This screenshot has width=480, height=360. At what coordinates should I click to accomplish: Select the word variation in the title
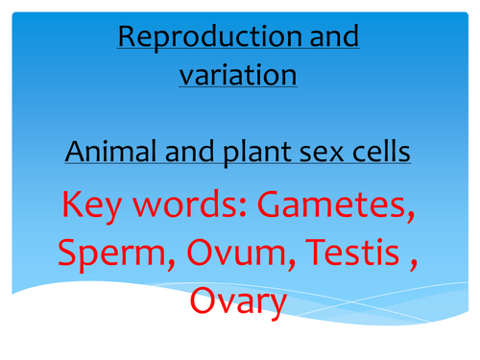click(x=238, y=74)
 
